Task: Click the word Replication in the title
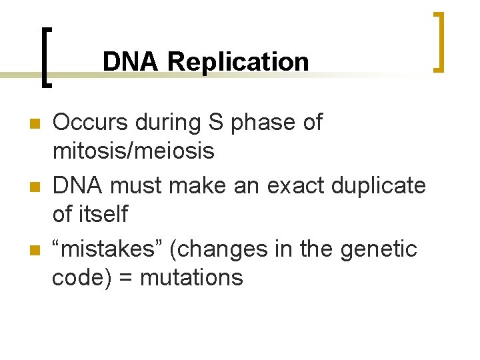tap(238, 62)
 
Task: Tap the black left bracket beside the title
tap(45, 57)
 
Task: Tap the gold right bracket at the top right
tap(439, 41)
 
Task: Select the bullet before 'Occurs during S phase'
tap(36, 123)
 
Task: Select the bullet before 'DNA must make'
tap(36, 187)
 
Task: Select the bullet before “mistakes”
tap(36, 250)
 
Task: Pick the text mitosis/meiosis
tap(133, 151)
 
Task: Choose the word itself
tap(103, 214)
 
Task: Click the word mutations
tap(201, 277)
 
